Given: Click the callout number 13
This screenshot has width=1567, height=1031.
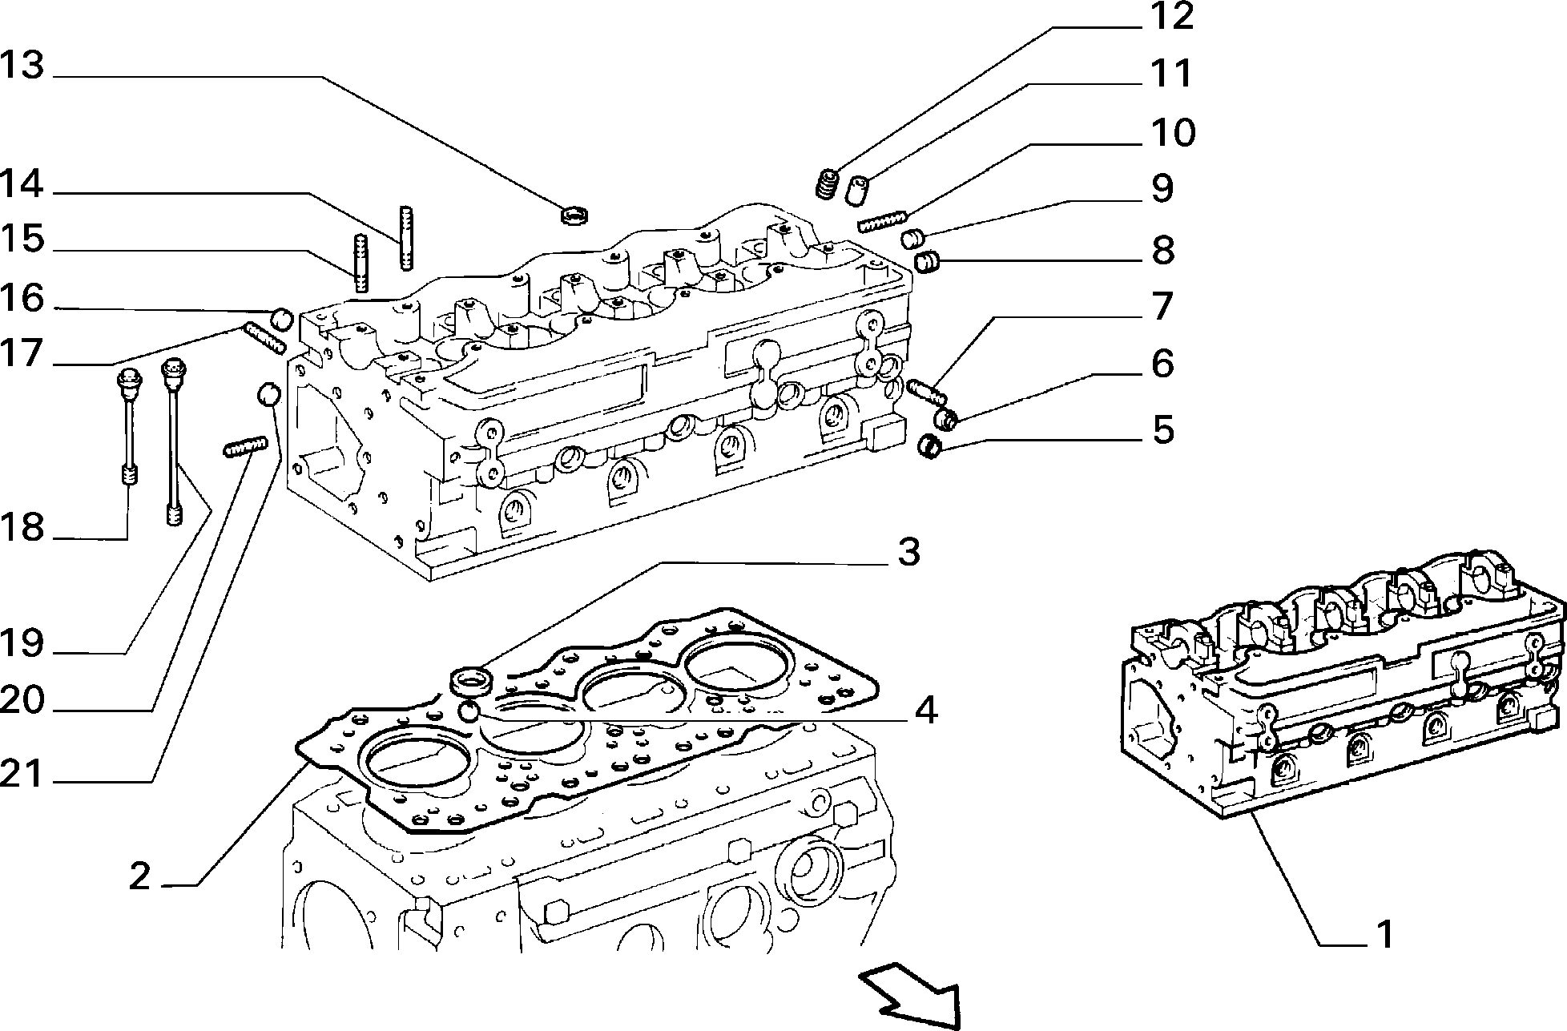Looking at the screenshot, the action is click(x=22, y=65).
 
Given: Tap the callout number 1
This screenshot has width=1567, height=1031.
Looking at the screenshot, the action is click(x=1384, y=934).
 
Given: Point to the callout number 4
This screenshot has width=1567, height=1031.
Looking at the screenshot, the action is click(x=925, y=710).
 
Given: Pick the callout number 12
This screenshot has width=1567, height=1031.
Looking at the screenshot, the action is click(x=1171, y=16).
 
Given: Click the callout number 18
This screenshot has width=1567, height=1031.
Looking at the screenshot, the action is click(x=22, y=527).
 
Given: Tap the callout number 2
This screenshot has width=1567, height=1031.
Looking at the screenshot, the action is click(x=139, y=876).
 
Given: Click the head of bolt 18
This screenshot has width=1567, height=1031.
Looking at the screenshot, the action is click(x=129, y=378).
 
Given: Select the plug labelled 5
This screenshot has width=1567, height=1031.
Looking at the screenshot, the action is click(x=929, y=447).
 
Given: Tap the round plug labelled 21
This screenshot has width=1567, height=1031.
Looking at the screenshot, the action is click(x=268, y=394).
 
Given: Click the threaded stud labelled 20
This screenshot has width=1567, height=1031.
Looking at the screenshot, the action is click(x=244, y=446).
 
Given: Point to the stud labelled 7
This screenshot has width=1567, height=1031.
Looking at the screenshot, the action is click(x=928, y=391).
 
